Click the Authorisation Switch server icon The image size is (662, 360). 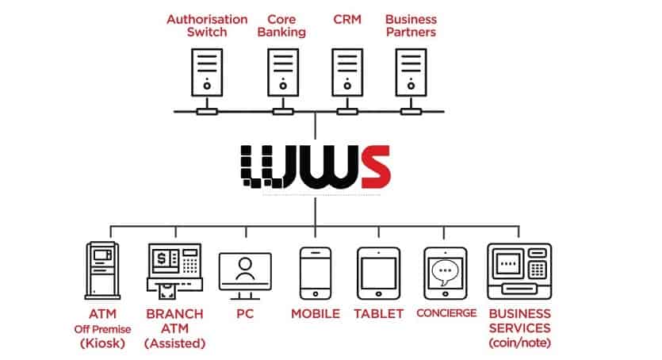(x=206, y=75)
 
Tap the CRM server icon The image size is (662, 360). (x=343, y=75)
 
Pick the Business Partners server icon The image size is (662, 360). (x=410, y=75)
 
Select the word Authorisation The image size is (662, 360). (x=206, y=18)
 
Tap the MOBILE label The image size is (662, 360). (x=315, y=313)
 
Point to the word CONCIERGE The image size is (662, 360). (x=446, y=313)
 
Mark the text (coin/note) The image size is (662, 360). (x=519, y=343)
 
